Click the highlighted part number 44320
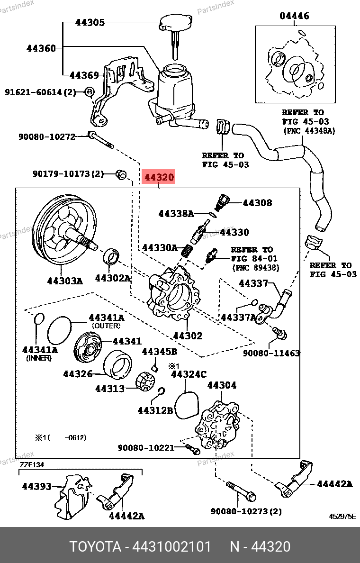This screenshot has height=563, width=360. pyautogui.click(x=159, y=178)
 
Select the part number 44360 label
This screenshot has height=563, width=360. pyautogui.click(x=41, y=48)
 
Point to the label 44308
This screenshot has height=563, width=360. pyautogui.click(x=257, y=203)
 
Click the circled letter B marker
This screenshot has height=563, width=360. pyautogui.click(x=90, y=92)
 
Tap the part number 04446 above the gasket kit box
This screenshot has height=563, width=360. pyautogui.click(x=294, y=16)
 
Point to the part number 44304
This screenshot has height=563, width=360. pyautogui.click(x=222, y=385)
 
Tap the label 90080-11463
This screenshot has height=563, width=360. pyautogui.click(x=271, y=353)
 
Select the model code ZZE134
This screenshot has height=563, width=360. pyautogui.click(x=32, y=465)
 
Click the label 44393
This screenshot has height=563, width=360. pyautogui.click(x=36, y=486)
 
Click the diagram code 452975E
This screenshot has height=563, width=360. pyautogui.click(x=342, y=517)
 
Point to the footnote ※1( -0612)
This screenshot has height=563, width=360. pyautogui.click(x=60, y=437)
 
